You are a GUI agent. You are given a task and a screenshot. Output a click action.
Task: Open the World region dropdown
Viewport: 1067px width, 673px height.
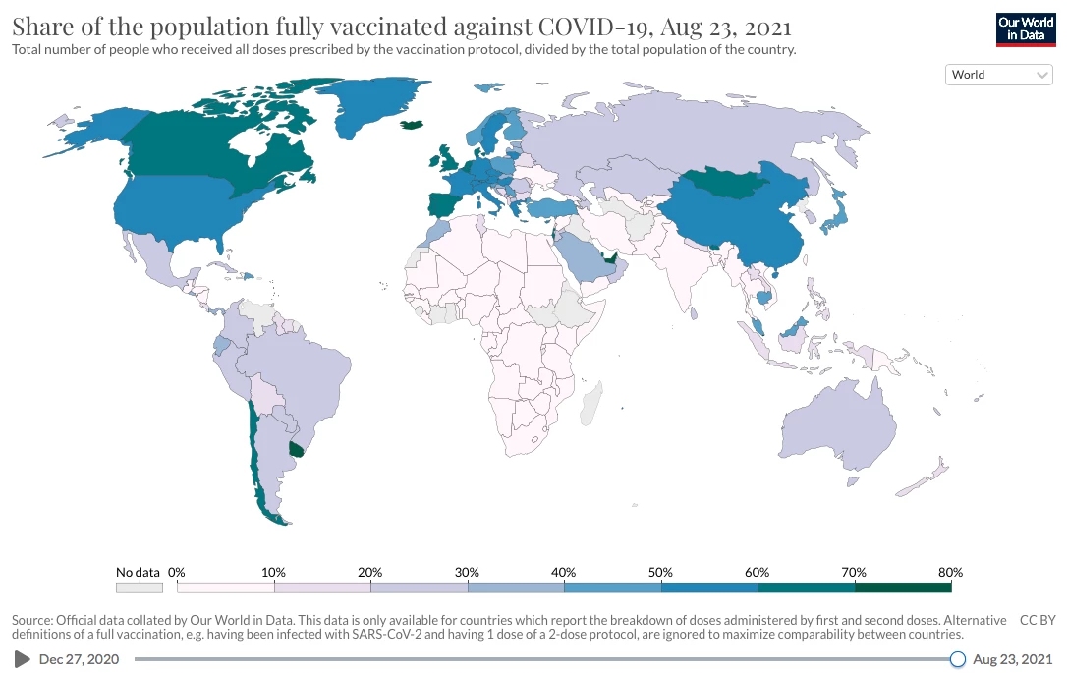click(998, 75)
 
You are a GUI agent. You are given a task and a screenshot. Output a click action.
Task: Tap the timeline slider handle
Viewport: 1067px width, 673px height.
click(958, 659)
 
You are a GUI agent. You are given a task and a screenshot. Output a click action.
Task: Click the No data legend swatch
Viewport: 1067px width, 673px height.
click(138, 588)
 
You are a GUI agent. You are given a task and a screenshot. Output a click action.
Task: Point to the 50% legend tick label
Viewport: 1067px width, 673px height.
click(660, 572)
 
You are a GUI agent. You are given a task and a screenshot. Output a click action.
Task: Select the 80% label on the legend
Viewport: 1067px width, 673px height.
click(950, 572)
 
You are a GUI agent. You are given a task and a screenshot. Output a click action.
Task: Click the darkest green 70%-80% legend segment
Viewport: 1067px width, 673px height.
click(903, 588)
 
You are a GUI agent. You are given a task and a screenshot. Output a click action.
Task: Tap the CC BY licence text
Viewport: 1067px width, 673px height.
click(1037, 620)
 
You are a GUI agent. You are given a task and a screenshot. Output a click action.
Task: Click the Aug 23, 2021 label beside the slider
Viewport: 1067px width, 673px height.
click(1012, 659)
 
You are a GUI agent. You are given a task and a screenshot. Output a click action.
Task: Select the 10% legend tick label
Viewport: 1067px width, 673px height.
click(273, 572)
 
